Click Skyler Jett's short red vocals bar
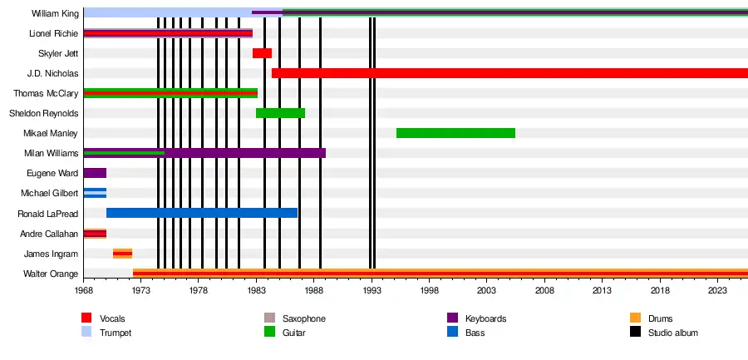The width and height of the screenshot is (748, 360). coord(262,53)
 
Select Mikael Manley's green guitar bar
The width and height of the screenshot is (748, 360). coord(455,133)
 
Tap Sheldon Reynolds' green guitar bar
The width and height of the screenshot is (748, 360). coord(280,113)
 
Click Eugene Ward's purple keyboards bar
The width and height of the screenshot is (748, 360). coord(95,173)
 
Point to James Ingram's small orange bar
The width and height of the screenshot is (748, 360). coord(122,254)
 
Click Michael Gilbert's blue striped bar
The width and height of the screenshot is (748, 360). coord(95,193)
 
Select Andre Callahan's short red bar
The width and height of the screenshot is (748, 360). coord(95,234)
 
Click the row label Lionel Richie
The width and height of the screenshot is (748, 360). coord(53,33)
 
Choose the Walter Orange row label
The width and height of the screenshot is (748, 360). coord(52,274)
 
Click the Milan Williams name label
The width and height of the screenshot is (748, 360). coord(52,153)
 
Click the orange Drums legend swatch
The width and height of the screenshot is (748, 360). coord(635,318)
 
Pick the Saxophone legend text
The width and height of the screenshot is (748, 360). coord(304,318)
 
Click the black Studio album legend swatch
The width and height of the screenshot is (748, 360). coord(635,333)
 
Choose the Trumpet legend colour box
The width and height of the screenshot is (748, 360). coord(86,333)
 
